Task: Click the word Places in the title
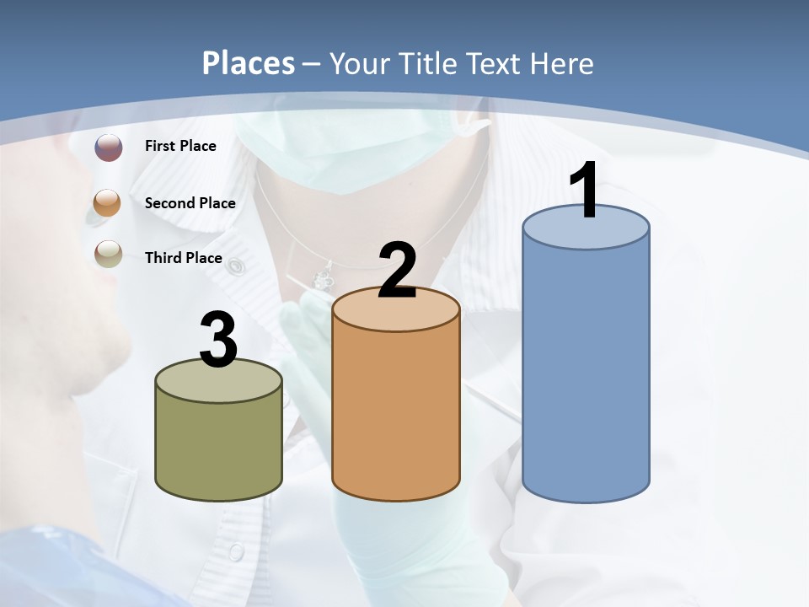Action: [x=249, y=63]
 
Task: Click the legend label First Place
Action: [x=180, y=146]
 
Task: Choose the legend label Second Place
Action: [x=190, y=203]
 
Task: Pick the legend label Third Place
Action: [x=183, y=258]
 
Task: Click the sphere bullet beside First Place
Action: [x=108, y=148]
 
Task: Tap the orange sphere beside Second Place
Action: [x=108, y=203]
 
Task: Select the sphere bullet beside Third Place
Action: [x=108, y=253]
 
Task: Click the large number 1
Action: [x=585, y=191]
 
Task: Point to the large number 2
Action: [x=397, y=271]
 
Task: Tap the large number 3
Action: [x=219, y=341]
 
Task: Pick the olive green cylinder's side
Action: [x=219, y=447]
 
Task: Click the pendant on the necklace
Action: [x=322, y=278]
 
